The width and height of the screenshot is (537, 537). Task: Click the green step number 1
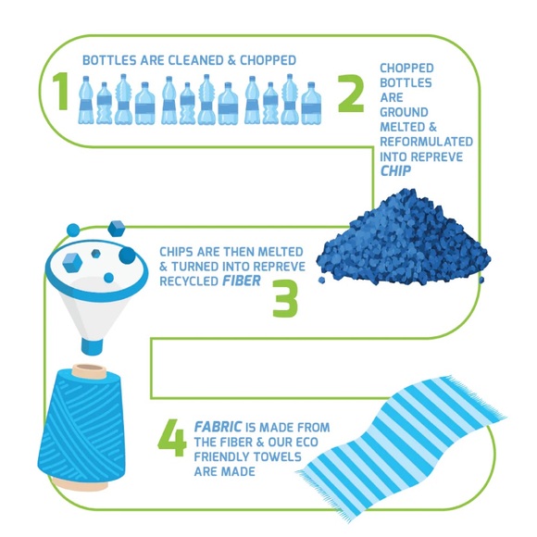click(x=61, y=91)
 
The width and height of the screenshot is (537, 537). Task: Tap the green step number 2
click(x=351, y=94)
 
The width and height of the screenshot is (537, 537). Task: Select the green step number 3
click(x=285, y=298)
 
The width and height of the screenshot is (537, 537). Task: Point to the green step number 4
click(x=172, y=438)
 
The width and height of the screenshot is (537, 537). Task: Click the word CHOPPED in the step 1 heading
click(x=268, y=60)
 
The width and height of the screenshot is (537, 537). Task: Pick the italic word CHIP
click(x=395, y=170)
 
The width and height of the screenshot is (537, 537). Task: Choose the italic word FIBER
click(x=242, y=281)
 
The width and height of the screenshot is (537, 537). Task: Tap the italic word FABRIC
click(x=219, y=427)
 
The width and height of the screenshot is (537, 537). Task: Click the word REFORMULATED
click(x=427, y=142)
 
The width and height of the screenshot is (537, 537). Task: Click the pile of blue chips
click(x=404, y=236)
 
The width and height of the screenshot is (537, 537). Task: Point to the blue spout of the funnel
click(x=92, y=346)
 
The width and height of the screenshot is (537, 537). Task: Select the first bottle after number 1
click(x=85, y=100)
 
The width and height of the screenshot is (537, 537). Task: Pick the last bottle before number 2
click(x=311, y=103)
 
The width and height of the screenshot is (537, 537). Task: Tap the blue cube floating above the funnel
click(x=117, y=229)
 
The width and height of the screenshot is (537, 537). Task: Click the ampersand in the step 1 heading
click(x=231, y=60)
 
